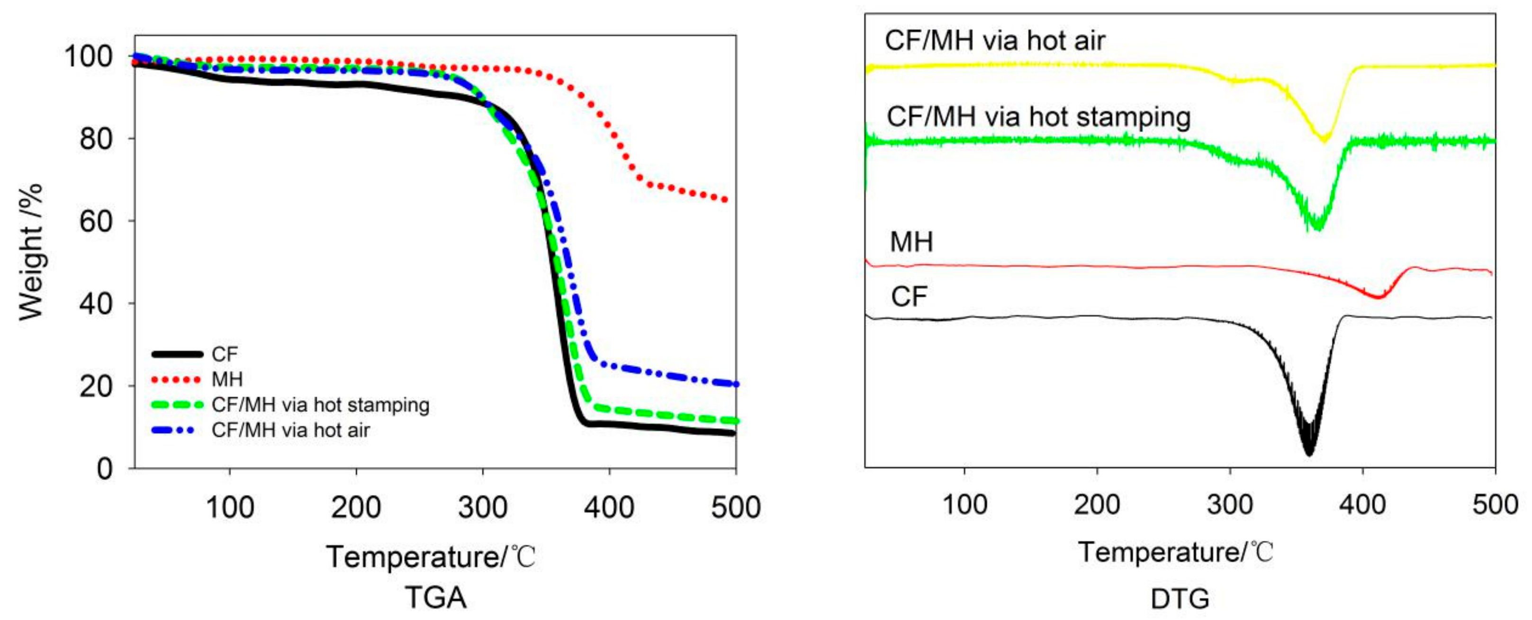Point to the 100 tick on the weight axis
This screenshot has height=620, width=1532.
coord(88,57)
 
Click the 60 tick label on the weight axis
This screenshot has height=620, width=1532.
coord(96,222)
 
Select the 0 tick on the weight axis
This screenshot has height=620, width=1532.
coord(104,469)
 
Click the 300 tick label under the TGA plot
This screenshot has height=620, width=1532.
coord(482,508)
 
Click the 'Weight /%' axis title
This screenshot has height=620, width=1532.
coord(31,252)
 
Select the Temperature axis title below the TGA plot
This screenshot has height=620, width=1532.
coord(431,557)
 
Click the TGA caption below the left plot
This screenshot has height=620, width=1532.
coord(435,597)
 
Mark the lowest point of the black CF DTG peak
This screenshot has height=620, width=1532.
coord(1309,454)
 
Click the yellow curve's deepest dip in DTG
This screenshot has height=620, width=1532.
coord(1324,140)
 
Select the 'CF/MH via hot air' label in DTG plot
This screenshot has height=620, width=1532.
coord(994,40)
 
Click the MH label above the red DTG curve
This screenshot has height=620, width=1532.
coord(911,242)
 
